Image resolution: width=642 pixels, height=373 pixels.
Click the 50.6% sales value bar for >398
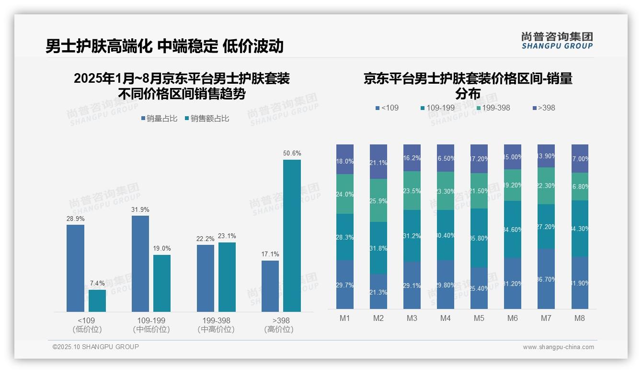click(292, 235)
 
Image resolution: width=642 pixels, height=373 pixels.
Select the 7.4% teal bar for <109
click(97, 301)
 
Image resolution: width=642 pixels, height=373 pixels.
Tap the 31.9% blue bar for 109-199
click(140, 263)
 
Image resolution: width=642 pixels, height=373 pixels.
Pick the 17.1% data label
click(270, 254)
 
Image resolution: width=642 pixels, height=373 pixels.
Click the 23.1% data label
click(227, 236)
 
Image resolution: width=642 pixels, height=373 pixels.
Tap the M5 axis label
click(479, 318)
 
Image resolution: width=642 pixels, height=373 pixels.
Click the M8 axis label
click(580, 318)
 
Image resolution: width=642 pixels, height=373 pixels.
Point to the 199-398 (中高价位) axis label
click(216, 325)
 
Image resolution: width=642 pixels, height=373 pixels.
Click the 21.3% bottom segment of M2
click(378, 291)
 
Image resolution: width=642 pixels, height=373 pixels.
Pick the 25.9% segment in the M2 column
click(378, 200)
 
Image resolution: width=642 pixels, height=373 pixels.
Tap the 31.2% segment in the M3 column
click(412, 235)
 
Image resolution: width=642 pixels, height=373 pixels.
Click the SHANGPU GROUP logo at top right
click(557, 41)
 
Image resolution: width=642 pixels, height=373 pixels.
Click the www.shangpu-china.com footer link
click(558, 347)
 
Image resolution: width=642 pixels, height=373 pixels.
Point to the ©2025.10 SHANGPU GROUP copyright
click(96, 347)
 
